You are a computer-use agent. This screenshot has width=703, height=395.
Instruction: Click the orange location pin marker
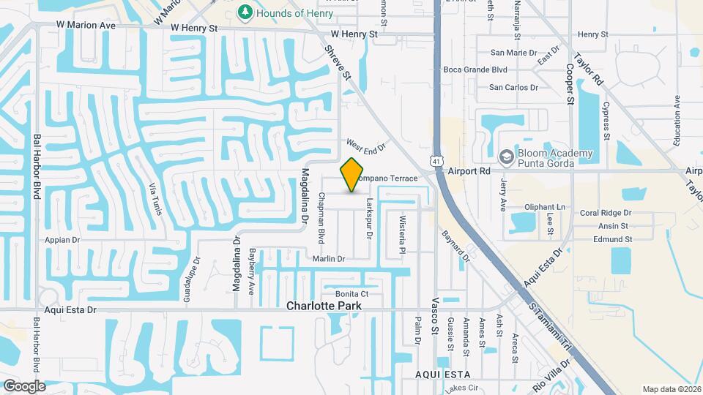(x=352, y=175)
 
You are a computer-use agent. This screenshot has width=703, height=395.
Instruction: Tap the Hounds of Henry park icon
(x=245, y=12)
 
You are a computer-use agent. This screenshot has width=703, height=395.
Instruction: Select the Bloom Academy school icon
(x=505, y=157)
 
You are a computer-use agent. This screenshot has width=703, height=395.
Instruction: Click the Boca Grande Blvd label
(x=475, y=70)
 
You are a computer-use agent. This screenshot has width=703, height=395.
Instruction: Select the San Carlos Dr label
(x=513, y=87)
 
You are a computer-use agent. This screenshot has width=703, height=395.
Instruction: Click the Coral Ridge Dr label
(x=605, y=213)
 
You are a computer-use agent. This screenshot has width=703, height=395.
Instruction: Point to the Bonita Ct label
(x=351, y=294)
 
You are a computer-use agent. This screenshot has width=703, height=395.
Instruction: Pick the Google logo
(x=24, y=385)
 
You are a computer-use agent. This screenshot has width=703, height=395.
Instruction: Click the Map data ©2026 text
(x=671, y=389)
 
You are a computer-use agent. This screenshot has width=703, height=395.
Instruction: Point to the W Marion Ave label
(x=87, y=25)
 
